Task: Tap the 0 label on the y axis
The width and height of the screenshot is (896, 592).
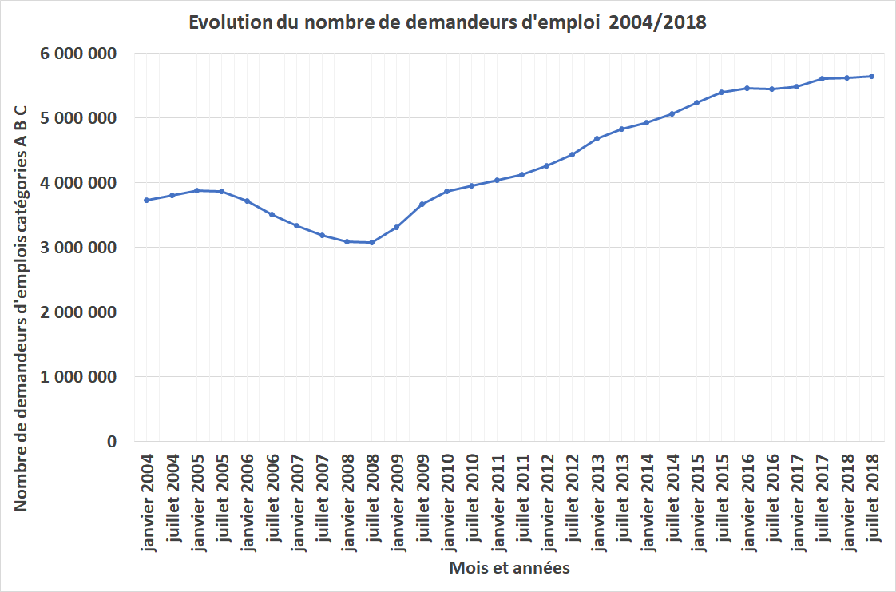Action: pyautogui.click(x=111, y=442)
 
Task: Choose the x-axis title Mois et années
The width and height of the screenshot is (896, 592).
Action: pyautogui.click(x=509, y=568)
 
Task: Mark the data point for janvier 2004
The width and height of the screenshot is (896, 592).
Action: pyautogui.click(x=147, y=200)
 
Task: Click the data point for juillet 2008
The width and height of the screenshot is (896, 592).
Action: pyautogui.click(x=371, y=242)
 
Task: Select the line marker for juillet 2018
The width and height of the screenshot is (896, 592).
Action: pyautogui.click(x=871, y=77)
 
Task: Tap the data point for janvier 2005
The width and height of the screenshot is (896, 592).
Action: pyautogui.click(x=196, y=190)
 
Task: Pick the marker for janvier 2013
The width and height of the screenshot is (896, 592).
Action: pyautogui.click(x=597, y=138)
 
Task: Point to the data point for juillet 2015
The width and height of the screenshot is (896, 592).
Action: pyautogui.click(x=721, y=92)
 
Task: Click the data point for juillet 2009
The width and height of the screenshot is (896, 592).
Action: pyautogui.click(x=422, y=204)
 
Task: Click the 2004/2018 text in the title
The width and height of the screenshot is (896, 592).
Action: pyautogui.click(x=658, y=22)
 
